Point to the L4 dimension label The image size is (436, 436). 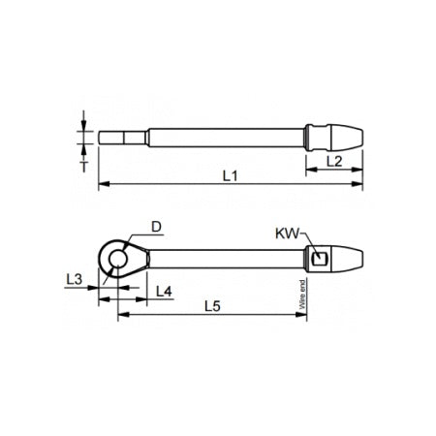point(164,291)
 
